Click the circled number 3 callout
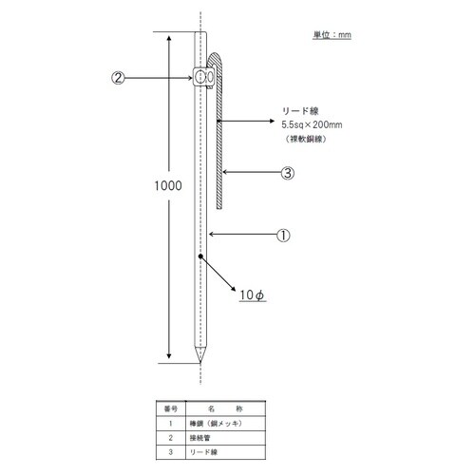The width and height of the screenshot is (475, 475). [x=287, y=173]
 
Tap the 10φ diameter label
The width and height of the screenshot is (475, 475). [x=252, y=294]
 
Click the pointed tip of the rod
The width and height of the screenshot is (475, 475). [x=200, y=359]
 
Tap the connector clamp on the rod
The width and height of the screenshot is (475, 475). [x=202, y=76]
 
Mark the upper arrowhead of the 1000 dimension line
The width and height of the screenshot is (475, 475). [x=168, y=39]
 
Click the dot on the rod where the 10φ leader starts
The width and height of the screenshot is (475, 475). [x=200, y=256]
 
